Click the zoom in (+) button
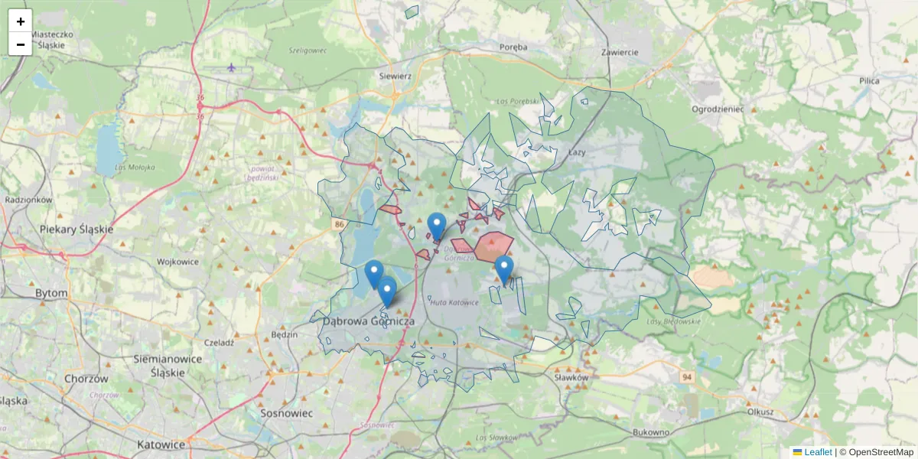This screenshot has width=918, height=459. pos(21,21)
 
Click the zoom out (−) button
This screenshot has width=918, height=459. pos(21,44)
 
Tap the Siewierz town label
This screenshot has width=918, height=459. pos(396,76)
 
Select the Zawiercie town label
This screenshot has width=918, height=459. pos(620,52)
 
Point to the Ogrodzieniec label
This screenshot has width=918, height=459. pos(718,109)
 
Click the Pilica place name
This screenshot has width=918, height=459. pos(869,80)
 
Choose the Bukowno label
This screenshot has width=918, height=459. pos(652,432)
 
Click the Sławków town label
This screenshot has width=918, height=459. pos(571,377)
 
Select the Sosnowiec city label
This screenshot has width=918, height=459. pos(288,412)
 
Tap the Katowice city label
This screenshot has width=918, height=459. pos(161,444)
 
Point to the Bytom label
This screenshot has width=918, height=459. pos(51,293)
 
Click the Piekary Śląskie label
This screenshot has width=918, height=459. pos(76,229)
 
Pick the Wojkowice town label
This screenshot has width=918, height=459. pos(177,262)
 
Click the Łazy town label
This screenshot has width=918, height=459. pos(577,153)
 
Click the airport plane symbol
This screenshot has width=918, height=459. pos(232,68)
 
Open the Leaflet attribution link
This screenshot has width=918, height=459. pos(818,452)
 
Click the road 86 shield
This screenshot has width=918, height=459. pos(339,224)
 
